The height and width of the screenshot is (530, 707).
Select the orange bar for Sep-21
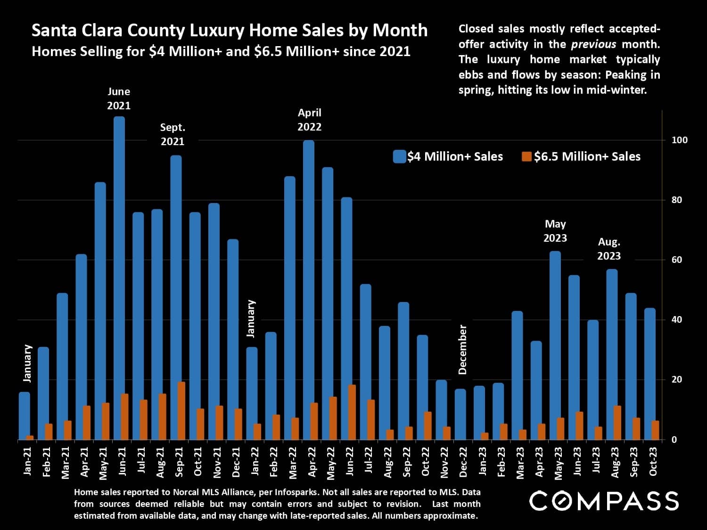(x=181, y=411)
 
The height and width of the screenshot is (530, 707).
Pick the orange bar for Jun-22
(x=352, y=412)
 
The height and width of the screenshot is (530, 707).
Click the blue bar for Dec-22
(x=460, y=414)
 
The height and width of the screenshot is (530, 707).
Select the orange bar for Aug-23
(x=617, y=423)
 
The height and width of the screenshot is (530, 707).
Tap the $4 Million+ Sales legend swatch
(x=399, y=157)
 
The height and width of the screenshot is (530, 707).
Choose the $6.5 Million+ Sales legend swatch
(x=526, y=157)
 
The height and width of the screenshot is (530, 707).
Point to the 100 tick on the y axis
(x=679, y=140)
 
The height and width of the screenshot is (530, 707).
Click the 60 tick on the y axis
(x=676, y=260)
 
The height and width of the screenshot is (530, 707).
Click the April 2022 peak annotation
(x=310, y=120)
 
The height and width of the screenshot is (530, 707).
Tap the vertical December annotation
(x=462, y=349)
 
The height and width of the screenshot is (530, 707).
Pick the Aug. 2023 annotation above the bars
(x=609, y=249)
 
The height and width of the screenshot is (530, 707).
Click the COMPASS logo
(x=604, y=501)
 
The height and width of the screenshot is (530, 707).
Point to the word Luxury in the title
(x=216, y=30)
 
